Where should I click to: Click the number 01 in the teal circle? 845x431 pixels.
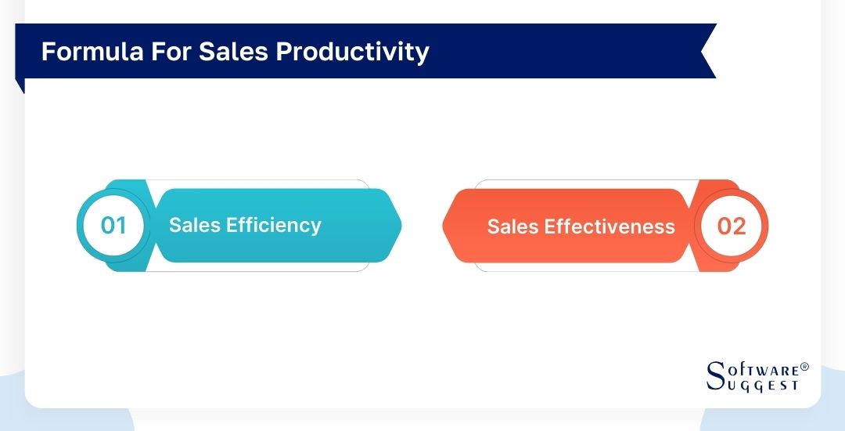click(x=113, y=226)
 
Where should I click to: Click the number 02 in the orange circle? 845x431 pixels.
click(x=732, y=226)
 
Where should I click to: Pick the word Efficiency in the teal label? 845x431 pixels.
click(x=274, y=226)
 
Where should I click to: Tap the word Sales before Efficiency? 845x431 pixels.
click(x=195, y=226)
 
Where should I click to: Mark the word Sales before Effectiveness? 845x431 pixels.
click(x=513, y=226)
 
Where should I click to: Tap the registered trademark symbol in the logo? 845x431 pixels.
click(x=804, y=367)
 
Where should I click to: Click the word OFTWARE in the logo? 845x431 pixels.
click(x=764, y=369)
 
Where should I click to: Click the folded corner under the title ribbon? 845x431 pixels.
click(x=20, y=85)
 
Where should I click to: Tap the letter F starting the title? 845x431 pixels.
click(x=48, y=51)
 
